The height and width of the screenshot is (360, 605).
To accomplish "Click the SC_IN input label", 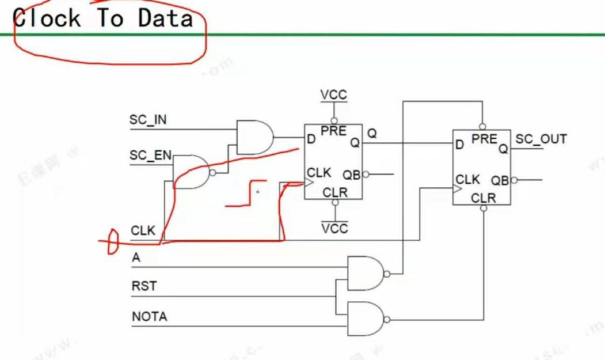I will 148,120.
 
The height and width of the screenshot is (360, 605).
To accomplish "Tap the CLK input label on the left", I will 143,230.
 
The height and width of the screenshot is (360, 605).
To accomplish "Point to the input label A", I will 136,257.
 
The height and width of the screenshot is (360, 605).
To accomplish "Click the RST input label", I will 144,286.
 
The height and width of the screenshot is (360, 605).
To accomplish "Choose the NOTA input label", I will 149,316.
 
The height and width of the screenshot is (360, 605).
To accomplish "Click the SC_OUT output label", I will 541,139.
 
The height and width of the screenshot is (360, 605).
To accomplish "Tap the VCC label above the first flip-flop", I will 334,95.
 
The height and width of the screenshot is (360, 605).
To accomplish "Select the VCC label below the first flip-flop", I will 334,229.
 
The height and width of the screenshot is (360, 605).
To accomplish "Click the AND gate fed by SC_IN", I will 254,137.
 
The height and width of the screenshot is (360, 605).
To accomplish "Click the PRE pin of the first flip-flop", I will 333,131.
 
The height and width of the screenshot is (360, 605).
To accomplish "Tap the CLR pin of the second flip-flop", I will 483,199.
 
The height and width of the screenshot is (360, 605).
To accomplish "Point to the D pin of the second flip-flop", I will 459,145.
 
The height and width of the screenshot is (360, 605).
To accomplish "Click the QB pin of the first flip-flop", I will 351,175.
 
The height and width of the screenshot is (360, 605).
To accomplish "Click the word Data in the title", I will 165,18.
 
